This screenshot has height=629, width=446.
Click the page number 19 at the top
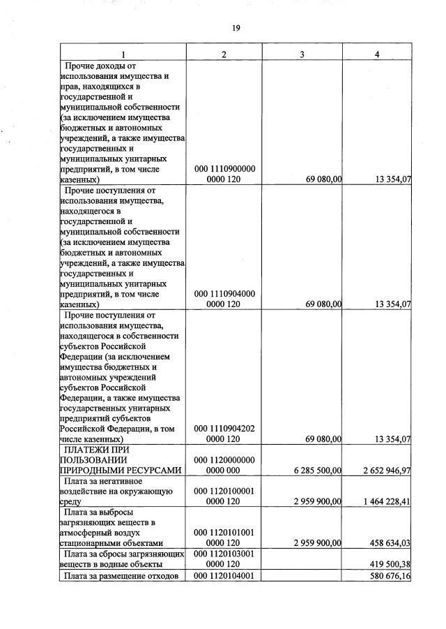pos(236,28)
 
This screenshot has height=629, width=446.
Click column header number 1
pos(123,54)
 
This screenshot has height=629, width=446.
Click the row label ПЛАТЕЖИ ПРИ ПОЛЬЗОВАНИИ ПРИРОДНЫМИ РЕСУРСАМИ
pos(123,460)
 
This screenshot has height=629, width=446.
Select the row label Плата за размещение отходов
pos(123,575)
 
